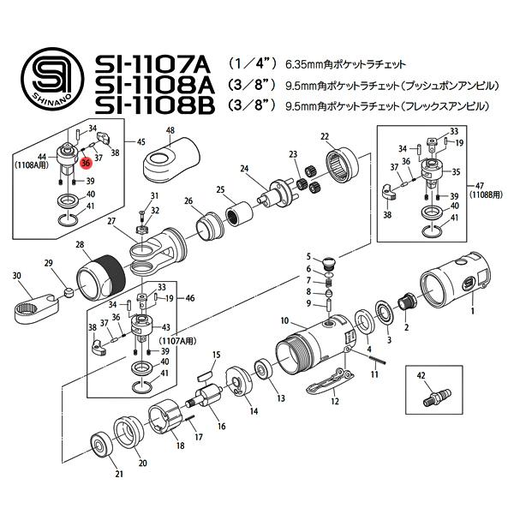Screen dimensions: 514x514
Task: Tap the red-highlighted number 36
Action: [86, 163]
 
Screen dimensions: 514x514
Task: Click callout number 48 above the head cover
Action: [170, 131]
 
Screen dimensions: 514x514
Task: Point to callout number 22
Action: [325, 137]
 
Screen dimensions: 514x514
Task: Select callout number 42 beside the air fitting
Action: [421, 375]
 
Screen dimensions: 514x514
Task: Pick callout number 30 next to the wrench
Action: [16, 276]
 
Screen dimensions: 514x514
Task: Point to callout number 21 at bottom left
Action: [121, 474]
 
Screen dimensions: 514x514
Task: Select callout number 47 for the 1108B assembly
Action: [477, 185]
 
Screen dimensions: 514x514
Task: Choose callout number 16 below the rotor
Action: [220, 426]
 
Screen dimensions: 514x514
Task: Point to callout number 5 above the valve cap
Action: [308, 256]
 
